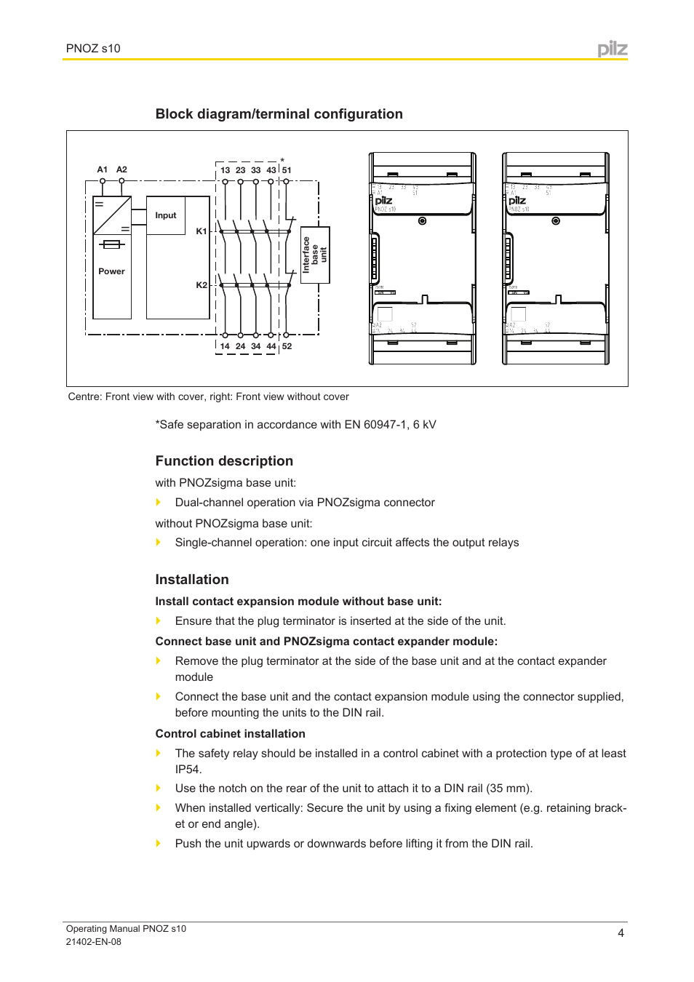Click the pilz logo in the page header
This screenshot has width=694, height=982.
[x=612, y=49]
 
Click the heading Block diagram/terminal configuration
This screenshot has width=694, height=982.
[x=279, y=114]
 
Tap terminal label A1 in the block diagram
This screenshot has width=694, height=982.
[x=103, y=169]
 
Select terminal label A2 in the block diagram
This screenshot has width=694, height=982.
[x=121, y=169]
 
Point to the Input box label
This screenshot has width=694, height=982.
[x=166, y=215]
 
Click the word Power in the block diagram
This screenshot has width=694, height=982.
[x=111, y=271]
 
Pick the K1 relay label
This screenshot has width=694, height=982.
[x=202, y=231]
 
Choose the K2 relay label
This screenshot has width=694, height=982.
[x=202, y=285]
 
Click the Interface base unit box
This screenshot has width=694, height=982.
[x=315, y=255]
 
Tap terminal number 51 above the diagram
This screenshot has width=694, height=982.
[x=287, y=170]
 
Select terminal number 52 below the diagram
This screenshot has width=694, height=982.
[x=287, y=346]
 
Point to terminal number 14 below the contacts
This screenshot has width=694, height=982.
[x=225, y=346]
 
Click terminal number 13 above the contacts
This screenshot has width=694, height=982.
[x=225, y=170]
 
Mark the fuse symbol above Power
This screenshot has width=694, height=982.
[x=112, y=244]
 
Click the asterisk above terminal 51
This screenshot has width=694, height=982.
[x=282, y=161]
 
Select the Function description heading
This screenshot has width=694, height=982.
[x=224, y=461]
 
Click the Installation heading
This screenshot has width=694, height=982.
[x=192, y=580]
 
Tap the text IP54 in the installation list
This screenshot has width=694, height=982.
[x=188, y=770]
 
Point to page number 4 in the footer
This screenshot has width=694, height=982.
[x=621, y=933]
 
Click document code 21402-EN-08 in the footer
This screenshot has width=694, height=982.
[x=94, y=941]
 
